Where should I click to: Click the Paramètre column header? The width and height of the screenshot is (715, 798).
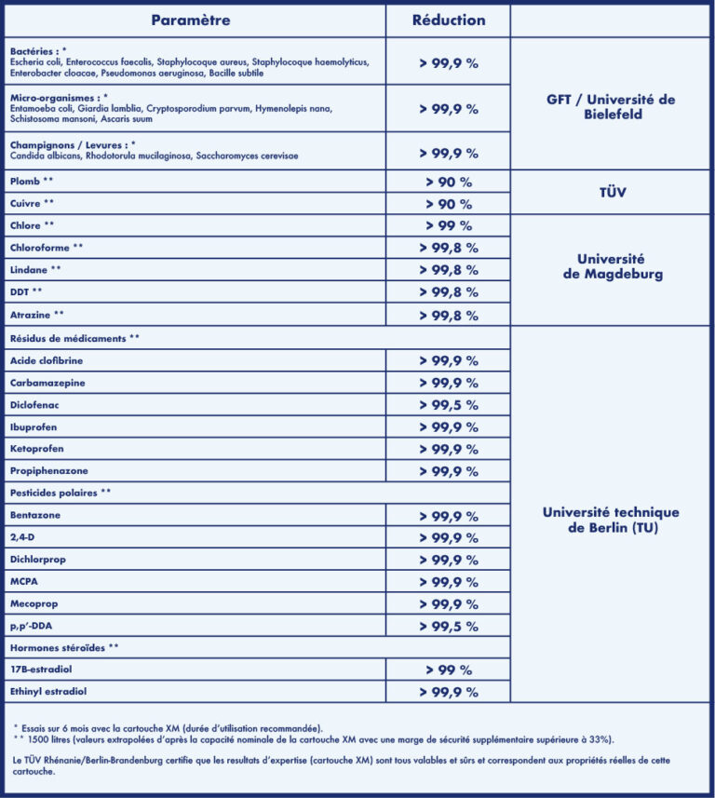click(191, 20)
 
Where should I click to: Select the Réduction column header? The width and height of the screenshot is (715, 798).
click(449, 20)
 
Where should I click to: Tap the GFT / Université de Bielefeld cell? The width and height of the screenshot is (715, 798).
click(611, 107)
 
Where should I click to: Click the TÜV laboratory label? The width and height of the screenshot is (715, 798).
click(611, 193)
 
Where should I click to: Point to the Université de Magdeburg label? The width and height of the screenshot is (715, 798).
click(611, 267)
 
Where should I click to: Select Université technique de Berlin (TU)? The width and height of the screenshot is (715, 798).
click(611, 520)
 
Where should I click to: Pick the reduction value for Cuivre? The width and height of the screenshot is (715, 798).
click(449, 204)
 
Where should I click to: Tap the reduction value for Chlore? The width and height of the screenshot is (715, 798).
click(449, 226)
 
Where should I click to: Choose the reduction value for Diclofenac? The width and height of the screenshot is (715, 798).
click(449, 405)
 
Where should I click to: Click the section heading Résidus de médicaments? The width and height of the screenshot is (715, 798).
click(74, 337)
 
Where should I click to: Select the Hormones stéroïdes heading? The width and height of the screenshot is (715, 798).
click(64, 647)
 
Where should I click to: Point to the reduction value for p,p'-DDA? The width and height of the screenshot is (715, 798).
click(449, 627)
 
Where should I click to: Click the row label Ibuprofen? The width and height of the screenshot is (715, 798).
click(34, 426)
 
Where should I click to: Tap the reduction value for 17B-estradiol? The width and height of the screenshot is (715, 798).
click(449, 670)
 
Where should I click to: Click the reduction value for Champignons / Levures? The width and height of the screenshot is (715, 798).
click(449, 154)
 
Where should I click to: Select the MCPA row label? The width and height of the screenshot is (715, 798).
click(24, 582)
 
